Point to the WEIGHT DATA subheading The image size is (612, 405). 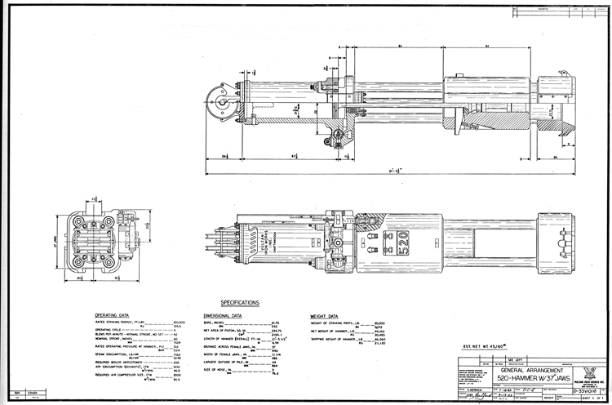click(324, 315)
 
